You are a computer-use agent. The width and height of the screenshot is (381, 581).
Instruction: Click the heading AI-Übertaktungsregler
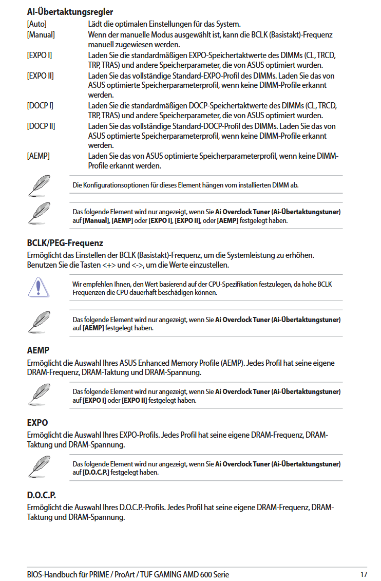70,12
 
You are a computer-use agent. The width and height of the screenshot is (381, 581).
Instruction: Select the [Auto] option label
37,24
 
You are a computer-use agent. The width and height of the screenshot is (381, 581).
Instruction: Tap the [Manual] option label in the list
41,34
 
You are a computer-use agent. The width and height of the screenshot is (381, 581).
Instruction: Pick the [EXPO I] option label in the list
39,55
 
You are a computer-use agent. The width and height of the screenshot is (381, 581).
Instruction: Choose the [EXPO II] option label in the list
40,76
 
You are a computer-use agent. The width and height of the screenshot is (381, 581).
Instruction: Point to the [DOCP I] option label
40,105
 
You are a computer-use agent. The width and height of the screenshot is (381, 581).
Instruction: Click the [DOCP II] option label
41,126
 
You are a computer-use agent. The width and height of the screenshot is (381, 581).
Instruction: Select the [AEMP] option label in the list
38,156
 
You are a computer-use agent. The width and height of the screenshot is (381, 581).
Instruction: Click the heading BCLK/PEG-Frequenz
65,243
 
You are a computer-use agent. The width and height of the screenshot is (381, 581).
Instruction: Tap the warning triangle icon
39,287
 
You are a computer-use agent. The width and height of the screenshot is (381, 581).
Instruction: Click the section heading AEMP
38,350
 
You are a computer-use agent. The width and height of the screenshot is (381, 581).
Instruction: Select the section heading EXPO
37,422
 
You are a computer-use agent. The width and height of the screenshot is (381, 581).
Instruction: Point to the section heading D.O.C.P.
41,495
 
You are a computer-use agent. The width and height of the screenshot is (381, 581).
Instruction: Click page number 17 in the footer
364,574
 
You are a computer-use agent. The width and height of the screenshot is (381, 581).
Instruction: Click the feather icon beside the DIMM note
39,185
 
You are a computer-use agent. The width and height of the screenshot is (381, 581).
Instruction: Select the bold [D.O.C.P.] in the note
96,472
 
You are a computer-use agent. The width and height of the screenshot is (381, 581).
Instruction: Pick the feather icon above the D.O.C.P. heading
39,467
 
